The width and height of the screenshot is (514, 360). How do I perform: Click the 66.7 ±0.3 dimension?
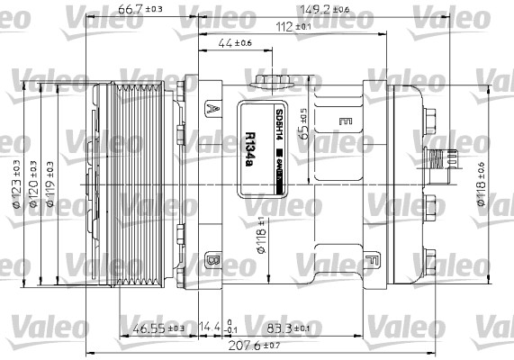(140, 10)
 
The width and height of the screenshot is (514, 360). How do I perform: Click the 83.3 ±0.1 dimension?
(283, 328)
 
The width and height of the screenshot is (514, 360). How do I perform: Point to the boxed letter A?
(212, 108)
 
